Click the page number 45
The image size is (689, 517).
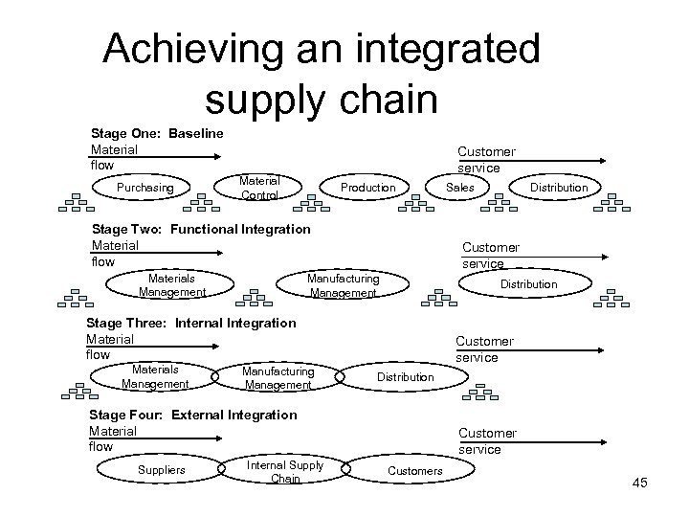tap(639, 483)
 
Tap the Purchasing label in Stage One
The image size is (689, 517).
tap(145, 188)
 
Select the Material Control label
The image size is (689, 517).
tap(259, 188)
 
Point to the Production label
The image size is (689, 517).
tap(367, 188)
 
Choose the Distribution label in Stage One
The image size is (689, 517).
tap(559, 188)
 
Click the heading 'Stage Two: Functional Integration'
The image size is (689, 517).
tap(200, 230)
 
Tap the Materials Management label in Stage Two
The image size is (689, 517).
tap(171, 285)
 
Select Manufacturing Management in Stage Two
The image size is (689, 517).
tap(344, 285)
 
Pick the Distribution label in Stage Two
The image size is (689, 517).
tap(528, 284)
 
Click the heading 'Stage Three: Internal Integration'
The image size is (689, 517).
tap(191, 324)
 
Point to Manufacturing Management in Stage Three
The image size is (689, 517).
tap(278, 377)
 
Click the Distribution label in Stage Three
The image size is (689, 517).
tap(405, 377)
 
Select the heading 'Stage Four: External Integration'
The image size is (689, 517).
tap(192, 415)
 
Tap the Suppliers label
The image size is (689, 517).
tap(162, 469)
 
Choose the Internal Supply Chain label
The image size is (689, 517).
tap(285, 471)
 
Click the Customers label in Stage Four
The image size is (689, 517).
tap(414, 470)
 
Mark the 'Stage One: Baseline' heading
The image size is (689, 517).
tap(157, 133)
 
